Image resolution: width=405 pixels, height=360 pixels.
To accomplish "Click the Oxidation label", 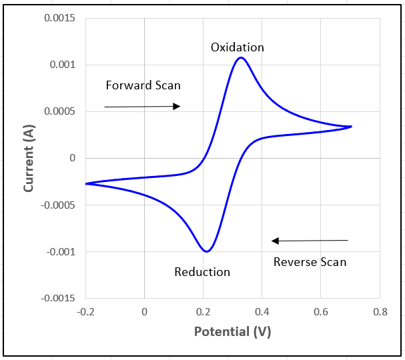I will click(x=238, y=47).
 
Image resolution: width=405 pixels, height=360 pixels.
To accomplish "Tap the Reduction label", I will click(x=202, y=272).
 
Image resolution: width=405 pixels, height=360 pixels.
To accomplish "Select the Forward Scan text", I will click(x=143, y=85).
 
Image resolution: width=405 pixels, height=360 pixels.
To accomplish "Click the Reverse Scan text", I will click(x=310, y=262).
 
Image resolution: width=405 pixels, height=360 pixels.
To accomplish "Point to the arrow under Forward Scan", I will click(x=142, y=107).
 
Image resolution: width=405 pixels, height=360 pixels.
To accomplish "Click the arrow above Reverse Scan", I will click(x=310, y=241).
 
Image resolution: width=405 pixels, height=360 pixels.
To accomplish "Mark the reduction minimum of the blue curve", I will click(x=207, y=251).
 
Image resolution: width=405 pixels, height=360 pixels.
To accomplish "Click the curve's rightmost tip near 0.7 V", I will click(x=351, y=126).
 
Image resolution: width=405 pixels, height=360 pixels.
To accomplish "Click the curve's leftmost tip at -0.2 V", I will click(x=86, y=183).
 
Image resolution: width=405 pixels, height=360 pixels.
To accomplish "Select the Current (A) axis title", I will click(x=29, y=159).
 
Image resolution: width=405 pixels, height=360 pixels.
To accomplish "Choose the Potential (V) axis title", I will click(x=232, y=331).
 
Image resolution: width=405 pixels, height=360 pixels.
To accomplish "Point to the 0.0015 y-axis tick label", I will click(x=60, y=18).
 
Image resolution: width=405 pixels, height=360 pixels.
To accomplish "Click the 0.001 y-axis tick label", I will click(x=63, y=65).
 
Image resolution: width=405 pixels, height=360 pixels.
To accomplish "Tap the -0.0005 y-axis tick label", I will click(x=59, y=205).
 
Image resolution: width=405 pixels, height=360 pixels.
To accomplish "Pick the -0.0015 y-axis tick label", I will click(x=59, y=298).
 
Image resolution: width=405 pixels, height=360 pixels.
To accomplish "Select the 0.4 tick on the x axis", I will click(x=262, y=311).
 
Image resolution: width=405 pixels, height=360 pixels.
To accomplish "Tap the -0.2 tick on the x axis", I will click(x=85, y=311).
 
